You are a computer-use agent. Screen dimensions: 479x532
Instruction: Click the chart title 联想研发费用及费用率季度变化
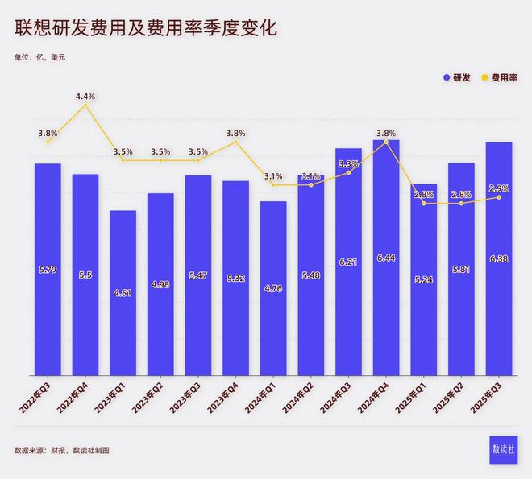click(145, 28)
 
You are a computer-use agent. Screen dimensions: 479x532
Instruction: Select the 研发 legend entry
click(457, 78)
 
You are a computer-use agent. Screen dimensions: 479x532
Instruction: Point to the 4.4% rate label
click(85, 97)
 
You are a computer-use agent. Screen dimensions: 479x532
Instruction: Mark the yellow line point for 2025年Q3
click(499, 197)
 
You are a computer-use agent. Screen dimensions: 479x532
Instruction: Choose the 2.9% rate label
click(499, 188)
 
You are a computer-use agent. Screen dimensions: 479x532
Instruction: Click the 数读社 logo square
click(505, 449)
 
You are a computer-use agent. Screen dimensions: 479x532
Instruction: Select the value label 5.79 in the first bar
click(48, 269)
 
